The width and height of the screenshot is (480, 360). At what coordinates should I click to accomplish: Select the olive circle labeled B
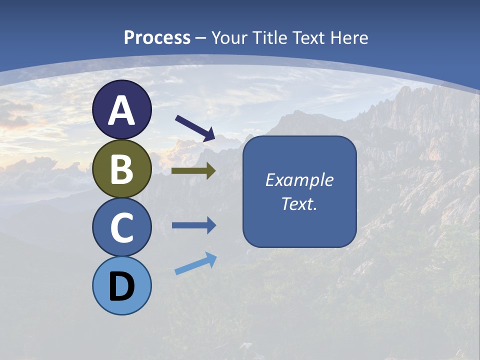coord(121,168)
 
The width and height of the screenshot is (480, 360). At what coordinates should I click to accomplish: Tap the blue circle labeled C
coord(121,227)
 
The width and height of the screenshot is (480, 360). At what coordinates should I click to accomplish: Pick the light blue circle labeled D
coord(121,286)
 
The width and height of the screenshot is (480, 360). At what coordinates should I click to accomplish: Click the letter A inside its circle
coord(121,110)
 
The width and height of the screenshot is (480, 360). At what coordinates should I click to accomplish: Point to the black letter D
coord(121,287)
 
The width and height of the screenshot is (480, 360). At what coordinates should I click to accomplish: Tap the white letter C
coord(121,228)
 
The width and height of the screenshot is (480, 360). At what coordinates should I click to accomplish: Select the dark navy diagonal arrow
coord(195,128)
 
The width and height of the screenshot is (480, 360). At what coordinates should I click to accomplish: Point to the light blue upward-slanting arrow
coord(195,263)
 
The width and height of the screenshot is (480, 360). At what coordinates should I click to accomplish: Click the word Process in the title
coord(157,38)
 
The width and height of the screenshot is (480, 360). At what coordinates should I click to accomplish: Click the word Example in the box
coord(299,180)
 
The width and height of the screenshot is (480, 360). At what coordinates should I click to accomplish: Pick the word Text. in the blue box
coord(299,204)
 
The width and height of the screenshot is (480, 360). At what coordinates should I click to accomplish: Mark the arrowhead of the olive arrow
coord(211,171)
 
